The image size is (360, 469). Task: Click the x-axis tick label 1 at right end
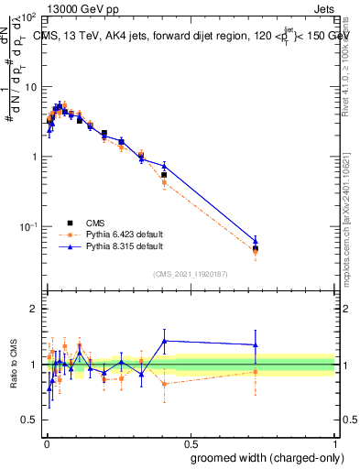(x=334, y=441)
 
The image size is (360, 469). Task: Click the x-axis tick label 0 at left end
(x=45, y=441)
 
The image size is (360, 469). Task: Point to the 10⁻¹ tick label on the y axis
(x=27, y=225)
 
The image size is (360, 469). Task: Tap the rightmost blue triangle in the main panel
(x=256, y=241)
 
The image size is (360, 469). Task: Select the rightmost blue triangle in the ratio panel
(x=256, y=345)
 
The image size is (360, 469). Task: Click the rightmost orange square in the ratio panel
(x=256, y=372)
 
